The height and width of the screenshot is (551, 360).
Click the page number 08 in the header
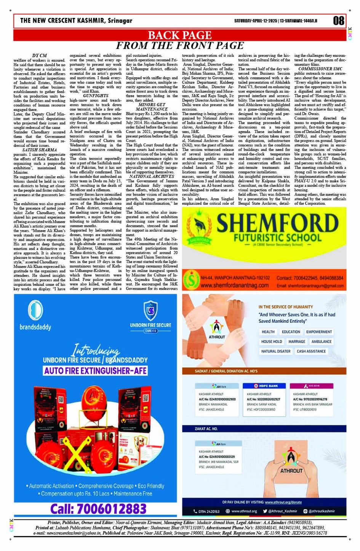tap(338, 21)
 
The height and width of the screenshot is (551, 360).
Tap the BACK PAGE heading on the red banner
tap(179, 35)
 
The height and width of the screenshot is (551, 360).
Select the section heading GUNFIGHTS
tap(96, 96)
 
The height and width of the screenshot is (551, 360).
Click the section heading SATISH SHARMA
tap(39, 150)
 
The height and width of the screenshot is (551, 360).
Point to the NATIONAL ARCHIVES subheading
tap(152, 176)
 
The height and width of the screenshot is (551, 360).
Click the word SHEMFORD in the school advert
tap(277, 223)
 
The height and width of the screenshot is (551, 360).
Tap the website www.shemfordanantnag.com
tap(235, 285)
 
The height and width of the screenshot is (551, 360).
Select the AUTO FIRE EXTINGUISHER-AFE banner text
tap(95, 370)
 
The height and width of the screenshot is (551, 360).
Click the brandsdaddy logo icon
tap(35, 310)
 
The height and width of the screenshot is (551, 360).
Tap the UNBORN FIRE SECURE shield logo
tap(150, 310)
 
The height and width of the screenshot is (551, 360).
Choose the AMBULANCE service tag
tap(321, 341)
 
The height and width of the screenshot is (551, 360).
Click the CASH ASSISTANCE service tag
tap(311, 351)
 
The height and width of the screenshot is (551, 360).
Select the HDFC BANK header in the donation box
tap(266, 386)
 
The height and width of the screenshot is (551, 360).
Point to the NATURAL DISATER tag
tap(275, 351)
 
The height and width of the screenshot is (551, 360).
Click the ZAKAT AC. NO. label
tap(206, 429)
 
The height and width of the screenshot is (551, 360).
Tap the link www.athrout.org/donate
tap(283, 502)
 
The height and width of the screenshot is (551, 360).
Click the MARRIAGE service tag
tap(296, 341)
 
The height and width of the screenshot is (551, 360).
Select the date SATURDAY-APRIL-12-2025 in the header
tap(256, 21)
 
